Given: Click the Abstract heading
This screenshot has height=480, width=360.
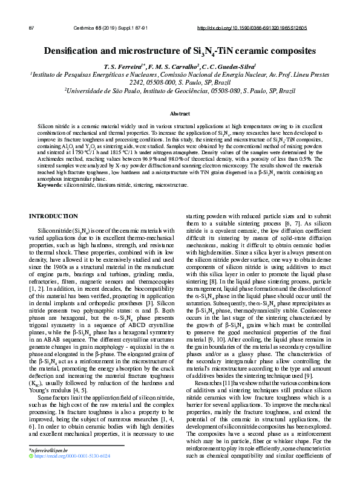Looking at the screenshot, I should click(x=180, y=113).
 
